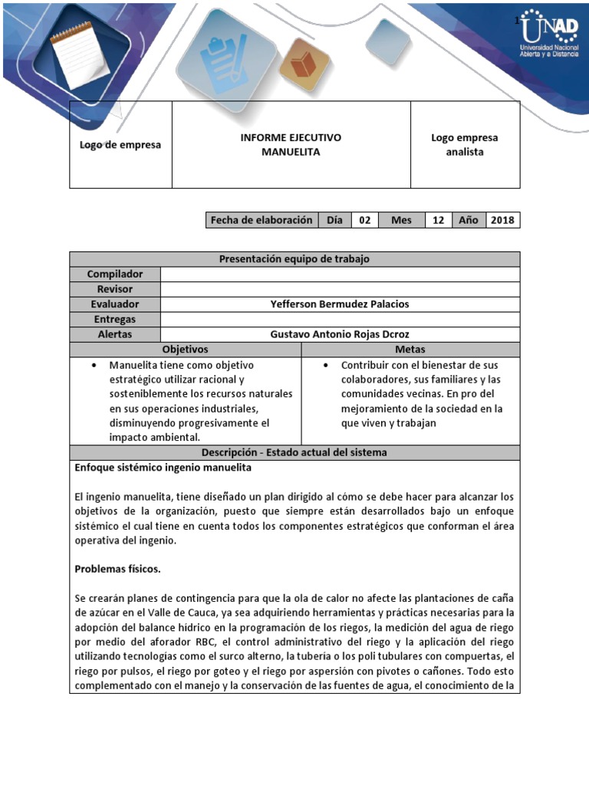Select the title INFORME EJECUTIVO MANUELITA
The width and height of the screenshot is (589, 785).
click(x=291, y=145)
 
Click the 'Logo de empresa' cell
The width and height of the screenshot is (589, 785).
click(x=120, y=145)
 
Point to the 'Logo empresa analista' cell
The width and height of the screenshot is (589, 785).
click(x=465, y=145)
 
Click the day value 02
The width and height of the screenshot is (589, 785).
click(x=364, y=220)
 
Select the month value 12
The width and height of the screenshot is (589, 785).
click(x=438, y=220)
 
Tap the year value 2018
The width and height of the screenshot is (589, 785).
click(x=502, y=220)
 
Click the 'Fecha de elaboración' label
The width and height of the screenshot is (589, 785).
click(x=262, y=220)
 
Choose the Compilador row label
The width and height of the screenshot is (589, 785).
click(x=115, y=274)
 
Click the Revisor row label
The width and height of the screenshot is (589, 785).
click(x=115, y=289)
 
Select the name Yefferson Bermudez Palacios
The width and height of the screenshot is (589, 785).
click(x=340, y=304)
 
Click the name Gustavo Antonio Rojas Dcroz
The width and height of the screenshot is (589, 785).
click(x=340, y=334)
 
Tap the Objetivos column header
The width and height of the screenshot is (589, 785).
click(x=185, y=350)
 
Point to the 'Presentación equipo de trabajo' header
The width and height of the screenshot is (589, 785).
click(x=294, y=259)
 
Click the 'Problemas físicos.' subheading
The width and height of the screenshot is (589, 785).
click(x=117, y=570)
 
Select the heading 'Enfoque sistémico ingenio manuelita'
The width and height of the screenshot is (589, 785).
click(x=163, y=468)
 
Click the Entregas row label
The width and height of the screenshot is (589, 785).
click(x=115, y=319)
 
